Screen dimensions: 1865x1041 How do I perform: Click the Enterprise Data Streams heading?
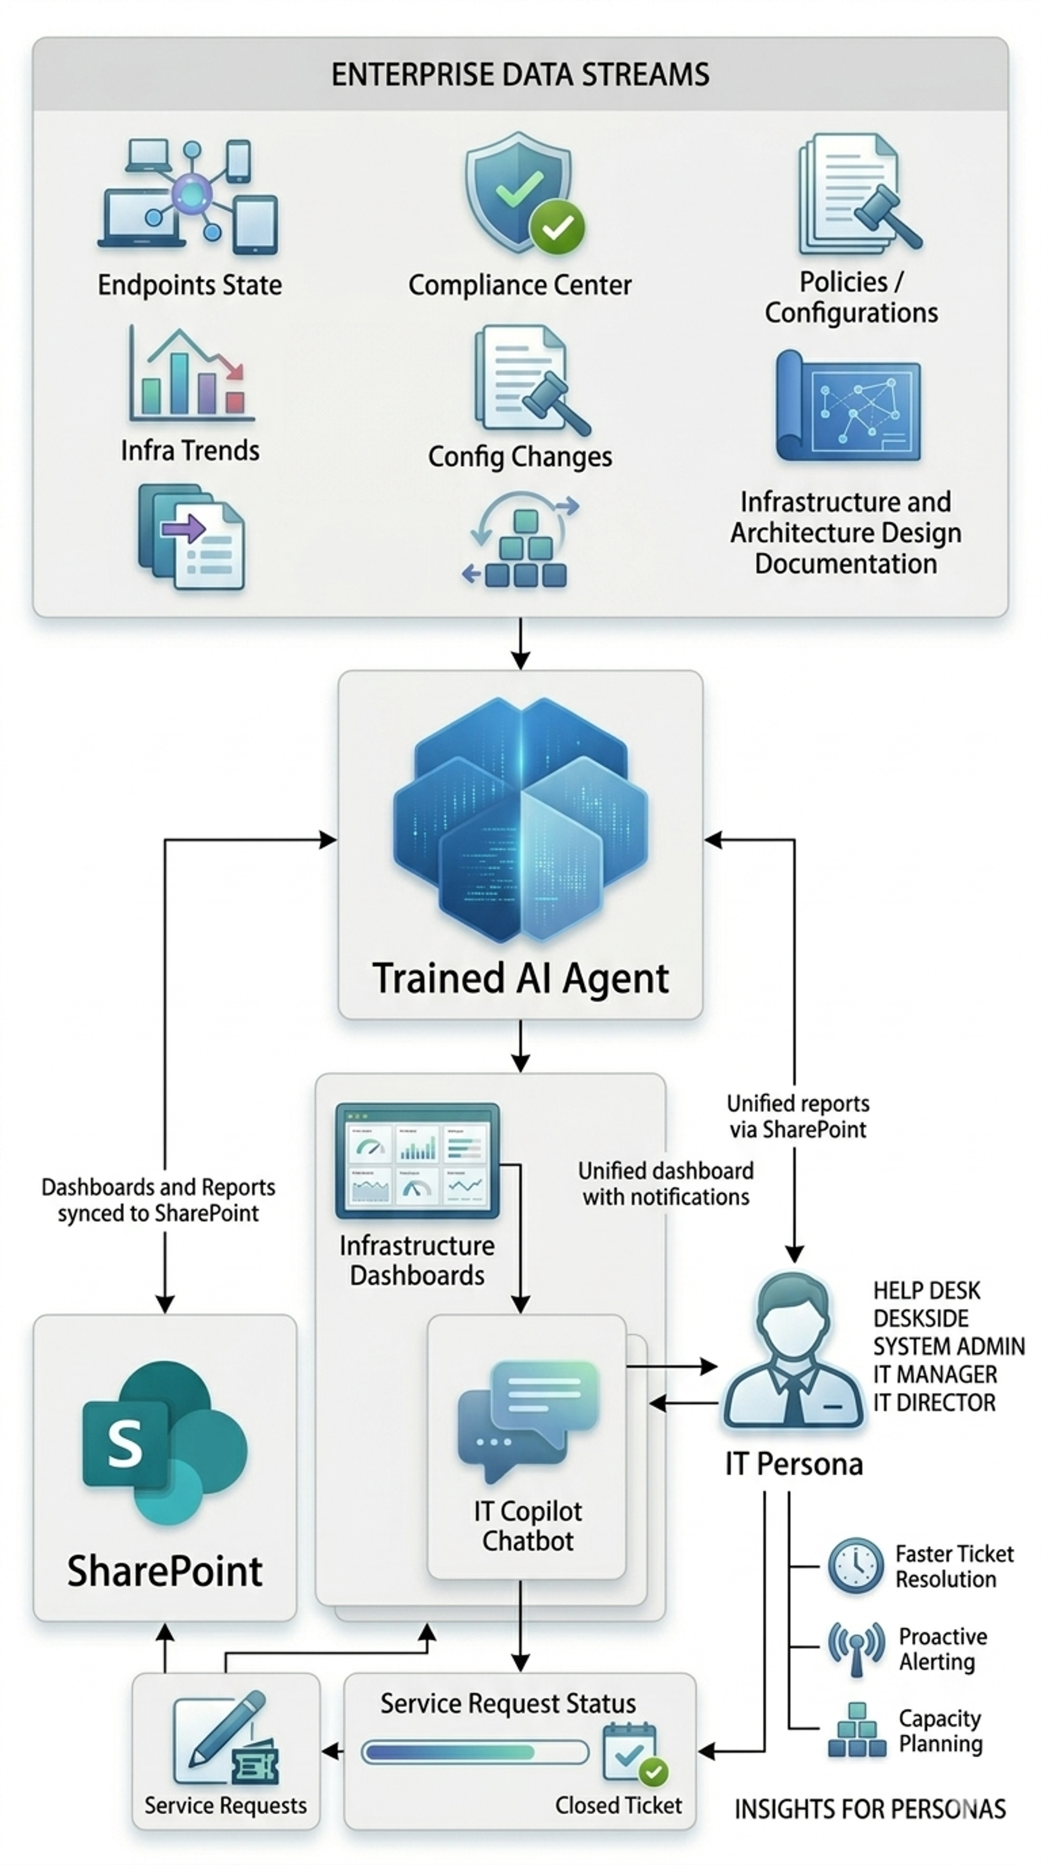click(520, 75)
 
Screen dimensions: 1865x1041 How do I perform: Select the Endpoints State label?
click(190, 285)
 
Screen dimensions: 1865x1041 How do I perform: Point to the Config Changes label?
click(520, 457)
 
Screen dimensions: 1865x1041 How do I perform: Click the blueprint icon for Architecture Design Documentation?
click(847, 407)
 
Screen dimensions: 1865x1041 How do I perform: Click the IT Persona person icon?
click(793, 1354)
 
